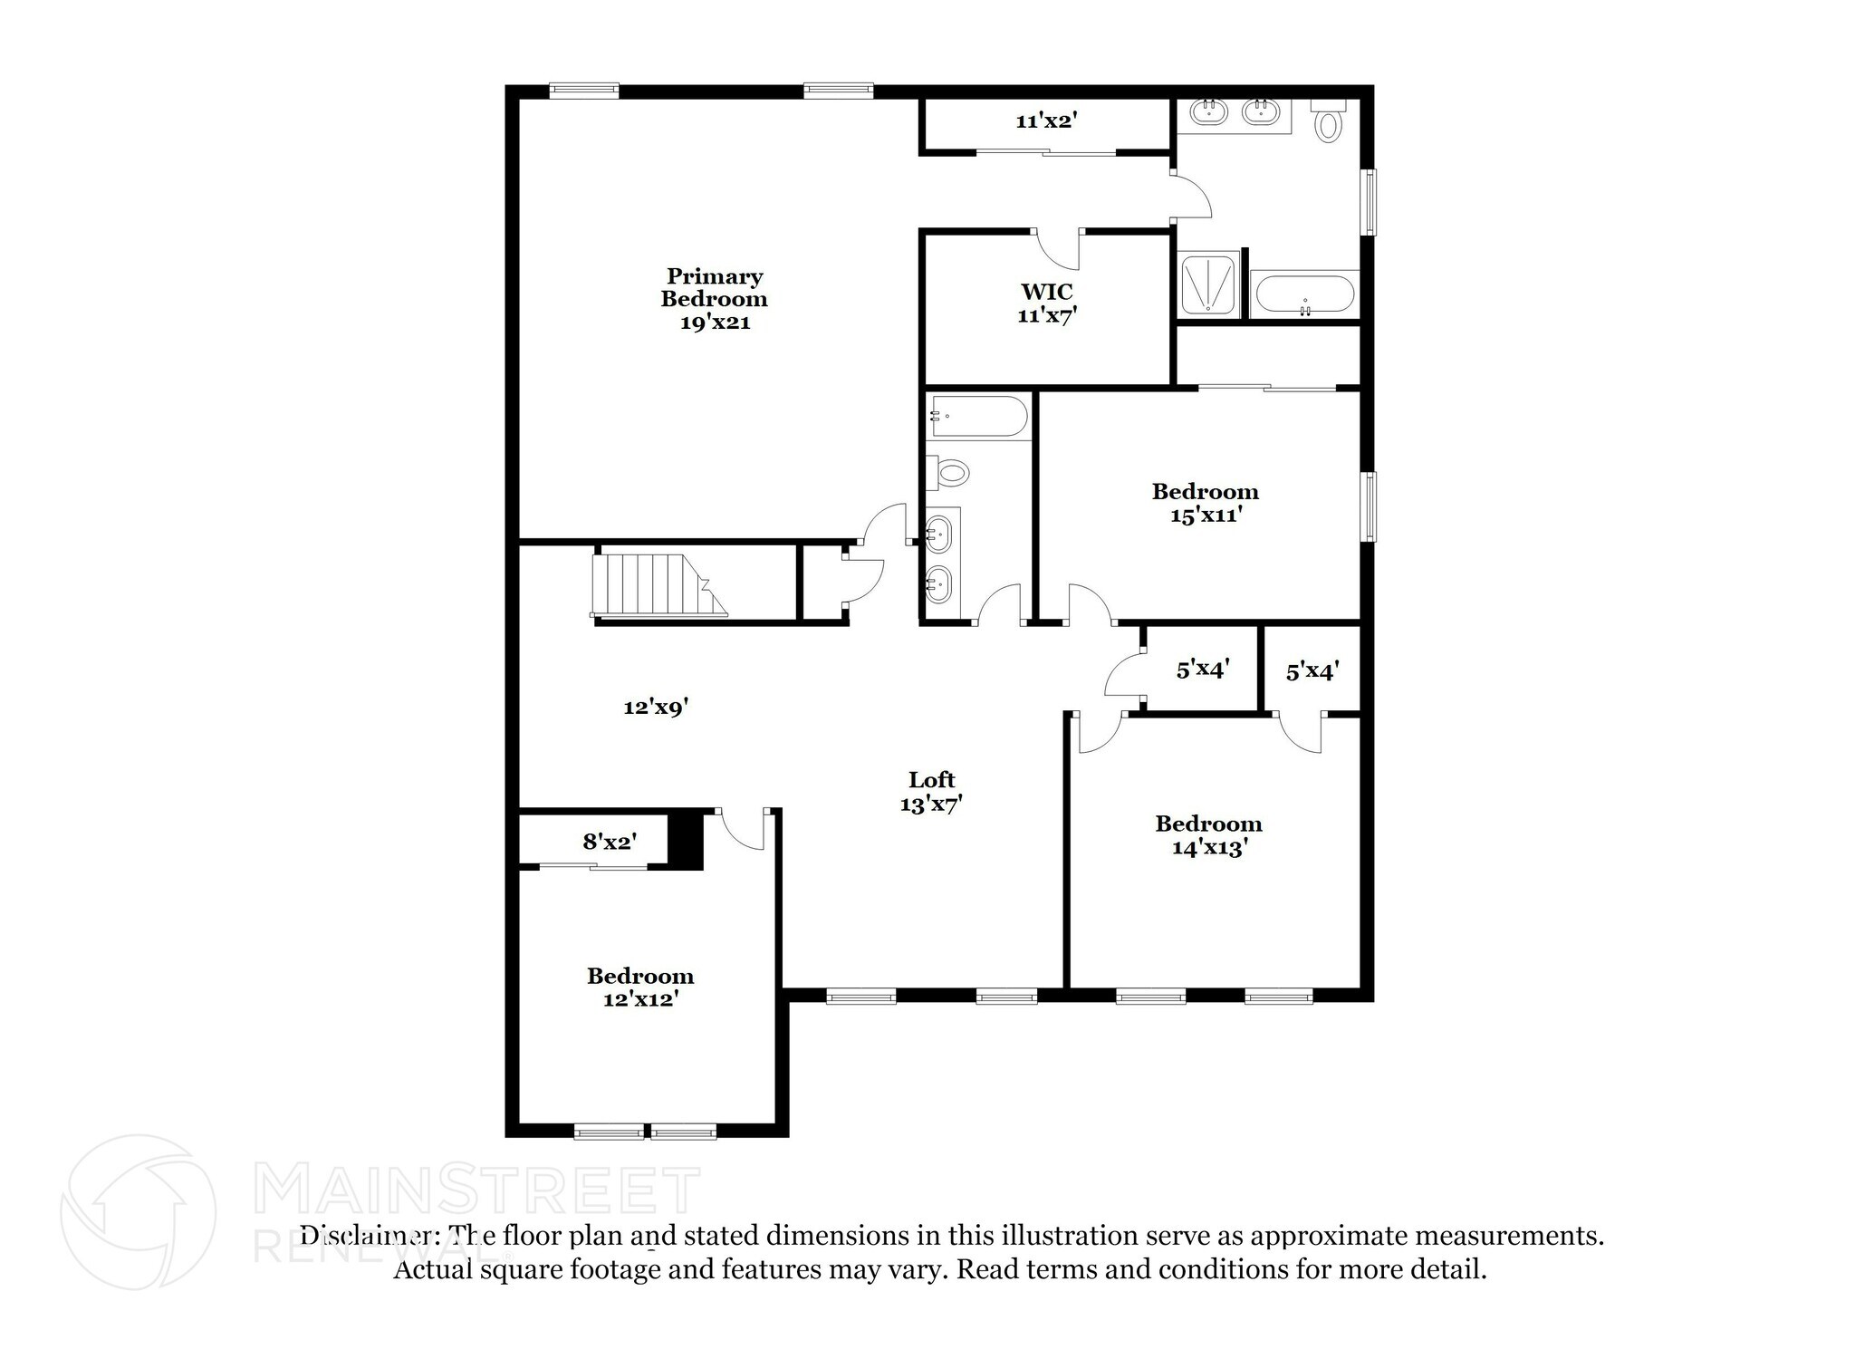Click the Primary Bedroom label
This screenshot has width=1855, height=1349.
pyautogui.click(x=714, y=299)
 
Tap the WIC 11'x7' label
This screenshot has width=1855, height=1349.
pyautogui.click(x=1047, y=304)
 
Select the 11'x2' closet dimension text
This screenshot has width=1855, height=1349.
pyautogui.click(x=1046, y=120)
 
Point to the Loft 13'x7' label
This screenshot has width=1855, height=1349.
pyautogui.click(x=931, y=792)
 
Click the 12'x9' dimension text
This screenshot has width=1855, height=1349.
pyautogui.click(x=657, y=708)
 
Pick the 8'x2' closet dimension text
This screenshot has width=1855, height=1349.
pyautogui.click(x=610, y=843)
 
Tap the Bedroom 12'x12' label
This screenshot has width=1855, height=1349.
pyautogui.click(x=640, y=988)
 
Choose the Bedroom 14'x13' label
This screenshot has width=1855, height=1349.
pyautogui.click(x=1208, y=835)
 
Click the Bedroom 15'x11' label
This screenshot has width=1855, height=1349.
pyautogui.click(x=1205, y=503)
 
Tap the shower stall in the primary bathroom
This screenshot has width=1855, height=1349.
pyautogui.click(x=1207, y=284)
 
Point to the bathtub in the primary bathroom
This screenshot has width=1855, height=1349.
pyautogui.click(x=1304, y=294)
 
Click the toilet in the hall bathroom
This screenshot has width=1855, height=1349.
pyautogui.click(x=948, y=472)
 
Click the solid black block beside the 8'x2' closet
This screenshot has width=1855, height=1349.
pyautogui.click(x=686, y=841)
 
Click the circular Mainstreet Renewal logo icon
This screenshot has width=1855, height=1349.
pyautogui.click(x=138, y=1211)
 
